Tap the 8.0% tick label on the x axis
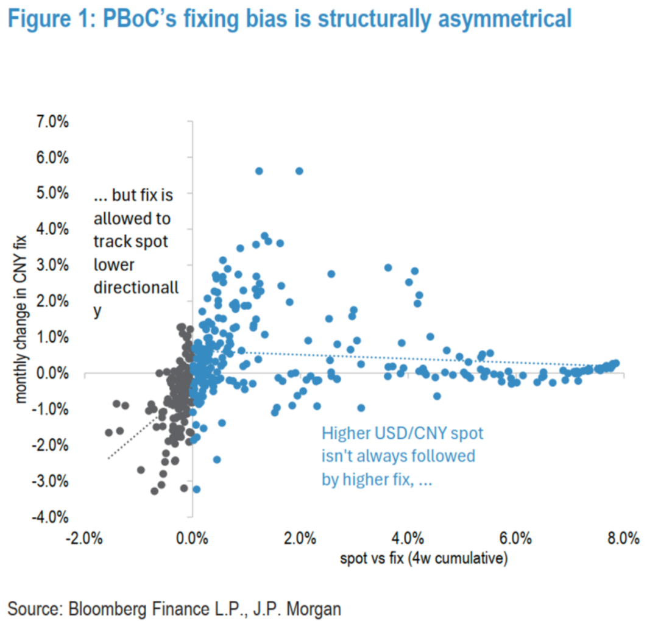click(x=623, y=539)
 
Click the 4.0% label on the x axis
click(x=408, y=539)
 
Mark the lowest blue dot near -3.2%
click(x=196, y=489)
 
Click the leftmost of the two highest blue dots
click(x=259, y=171)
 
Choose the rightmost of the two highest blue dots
click(x=299, y=171)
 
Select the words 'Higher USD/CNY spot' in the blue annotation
click(x=403, y=433)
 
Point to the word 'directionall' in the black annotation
click(x=136, y=288)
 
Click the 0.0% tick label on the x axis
click(x=192, y=539)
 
